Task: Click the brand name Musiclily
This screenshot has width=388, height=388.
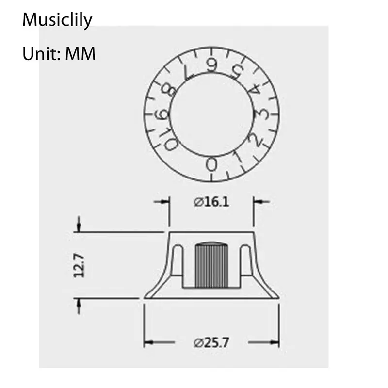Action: coord(57,20)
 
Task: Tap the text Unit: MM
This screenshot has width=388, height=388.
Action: coord(59,54)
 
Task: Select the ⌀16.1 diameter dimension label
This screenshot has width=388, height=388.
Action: coord(211,202)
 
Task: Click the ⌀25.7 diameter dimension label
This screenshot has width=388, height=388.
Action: coord(211,343)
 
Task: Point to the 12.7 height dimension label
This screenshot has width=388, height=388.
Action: coord(79,265)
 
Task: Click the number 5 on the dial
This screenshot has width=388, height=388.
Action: coord(237,70)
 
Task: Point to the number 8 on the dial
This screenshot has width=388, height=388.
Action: coord(169,90)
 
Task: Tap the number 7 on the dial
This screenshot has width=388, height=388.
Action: coord(189,72)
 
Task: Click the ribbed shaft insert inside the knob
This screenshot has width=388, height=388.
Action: coord(211,265)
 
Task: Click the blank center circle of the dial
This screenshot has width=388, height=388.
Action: coord(212,114)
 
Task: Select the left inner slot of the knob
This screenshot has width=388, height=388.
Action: coord(178,260)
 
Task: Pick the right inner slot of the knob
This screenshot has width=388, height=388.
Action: coord(246,260)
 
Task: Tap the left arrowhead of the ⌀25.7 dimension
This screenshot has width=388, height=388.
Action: coord(148,342)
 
